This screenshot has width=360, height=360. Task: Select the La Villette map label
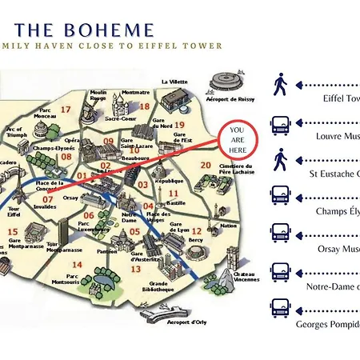click(175, 82)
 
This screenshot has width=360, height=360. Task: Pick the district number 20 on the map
click(206, 166)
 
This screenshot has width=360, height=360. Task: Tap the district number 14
click(77, 264)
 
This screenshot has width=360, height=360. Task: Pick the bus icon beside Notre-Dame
click(281, 270)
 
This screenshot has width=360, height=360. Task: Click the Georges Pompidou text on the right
click(328, 324)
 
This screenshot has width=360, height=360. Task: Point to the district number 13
click(136, 270)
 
